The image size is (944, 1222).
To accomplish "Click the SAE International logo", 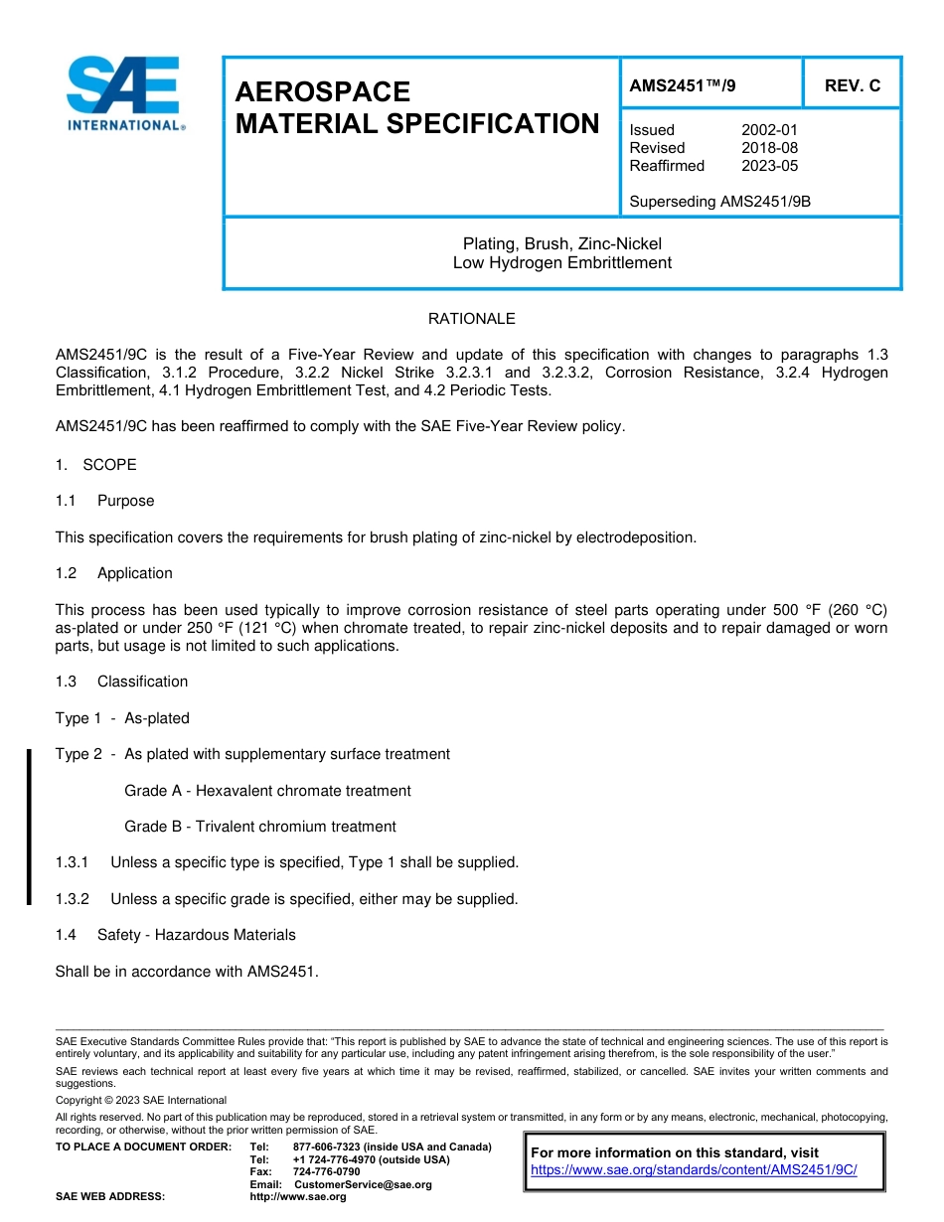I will coord(123,93).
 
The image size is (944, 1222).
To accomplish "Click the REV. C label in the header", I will coord(853,85).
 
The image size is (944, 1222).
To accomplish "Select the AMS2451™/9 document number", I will coord(683,85).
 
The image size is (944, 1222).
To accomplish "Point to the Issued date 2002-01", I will coord(769,130).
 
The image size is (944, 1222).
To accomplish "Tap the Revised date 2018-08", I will coord(769,148).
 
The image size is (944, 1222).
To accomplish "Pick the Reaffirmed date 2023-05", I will coord(769,166).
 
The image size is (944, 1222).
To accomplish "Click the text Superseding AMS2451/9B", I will coord(720,202).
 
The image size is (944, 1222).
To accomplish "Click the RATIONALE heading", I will coord(471,319).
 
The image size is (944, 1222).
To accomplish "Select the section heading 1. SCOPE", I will coord(96,465).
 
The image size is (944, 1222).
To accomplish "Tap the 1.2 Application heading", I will coord(114,573).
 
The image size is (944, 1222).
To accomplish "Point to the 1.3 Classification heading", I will coord(122,682).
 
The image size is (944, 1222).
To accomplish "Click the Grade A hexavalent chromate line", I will coord(267,791).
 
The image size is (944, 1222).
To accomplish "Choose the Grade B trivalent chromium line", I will coord(259,827).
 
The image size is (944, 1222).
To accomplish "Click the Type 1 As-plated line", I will coord(122,718).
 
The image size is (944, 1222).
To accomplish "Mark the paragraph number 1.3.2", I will coord(73,899).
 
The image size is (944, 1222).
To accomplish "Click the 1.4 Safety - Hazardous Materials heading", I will coord(176,935).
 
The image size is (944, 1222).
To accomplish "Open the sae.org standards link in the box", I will coord(694,1170).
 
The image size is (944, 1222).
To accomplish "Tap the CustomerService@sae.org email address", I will coord(363,1184).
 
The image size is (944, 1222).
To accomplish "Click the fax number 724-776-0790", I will coord(326,1172).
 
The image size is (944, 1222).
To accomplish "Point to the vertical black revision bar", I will coord(29,827).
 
